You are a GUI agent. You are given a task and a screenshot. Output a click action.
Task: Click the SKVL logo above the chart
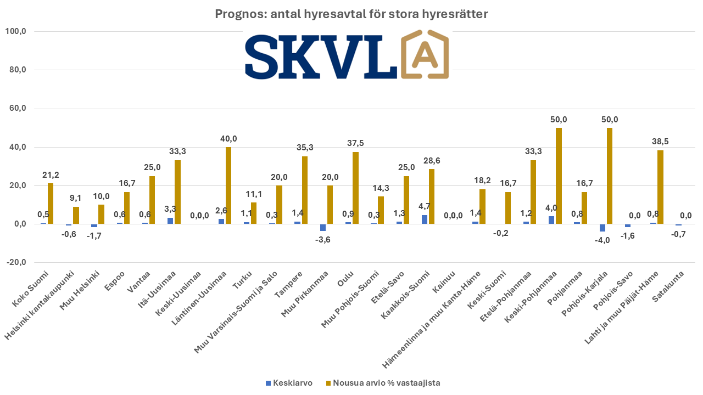[346, 57]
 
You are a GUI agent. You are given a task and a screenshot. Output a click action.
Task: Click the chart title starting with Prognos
[351, 15]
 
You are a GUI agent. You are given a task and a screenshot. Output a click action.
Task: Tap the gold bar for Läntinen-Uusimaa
[228, 185]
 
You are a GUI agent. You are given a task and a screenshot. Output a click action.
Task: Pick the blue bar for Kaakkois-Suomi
[425, 219]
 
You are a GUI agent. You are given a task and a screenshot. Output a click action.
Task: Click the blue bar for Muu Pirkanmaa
[323, 227]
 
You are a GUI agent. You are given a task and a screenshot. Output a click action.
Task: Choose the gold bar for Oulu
[355, 188]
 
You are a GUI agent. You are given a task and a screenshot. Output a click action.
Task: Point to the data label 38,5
[660, 142]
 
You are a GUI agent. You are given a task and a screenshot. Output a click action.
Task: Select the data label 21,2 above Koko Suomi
[50, 175]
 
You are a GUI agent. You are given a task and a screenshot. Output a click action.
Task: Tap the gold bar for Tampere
[305, 190]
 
